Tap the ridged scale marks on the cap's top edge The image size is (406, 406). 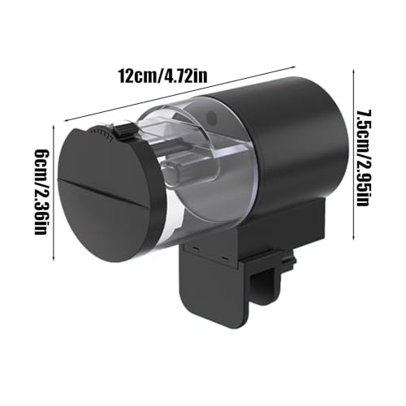click(102, 130)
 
